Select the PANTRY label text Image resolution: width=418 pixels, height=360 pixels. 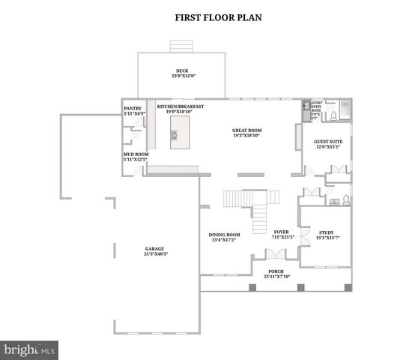pyautogui.click(x=133, y=109)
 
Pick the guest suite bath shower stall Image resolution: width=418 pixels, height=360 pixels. pyautogui.click(x=344, y=110)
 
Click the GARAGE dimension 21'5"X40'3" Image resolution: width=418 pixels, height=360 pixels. pyautogui.click(x=156, y=254)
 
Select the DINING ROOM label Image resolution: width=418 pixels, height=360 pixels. pyautogui.click(x=224, y=236)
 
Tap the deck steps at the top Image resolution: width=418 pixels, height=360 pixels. pyautogui.click(x=180, y=46)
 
